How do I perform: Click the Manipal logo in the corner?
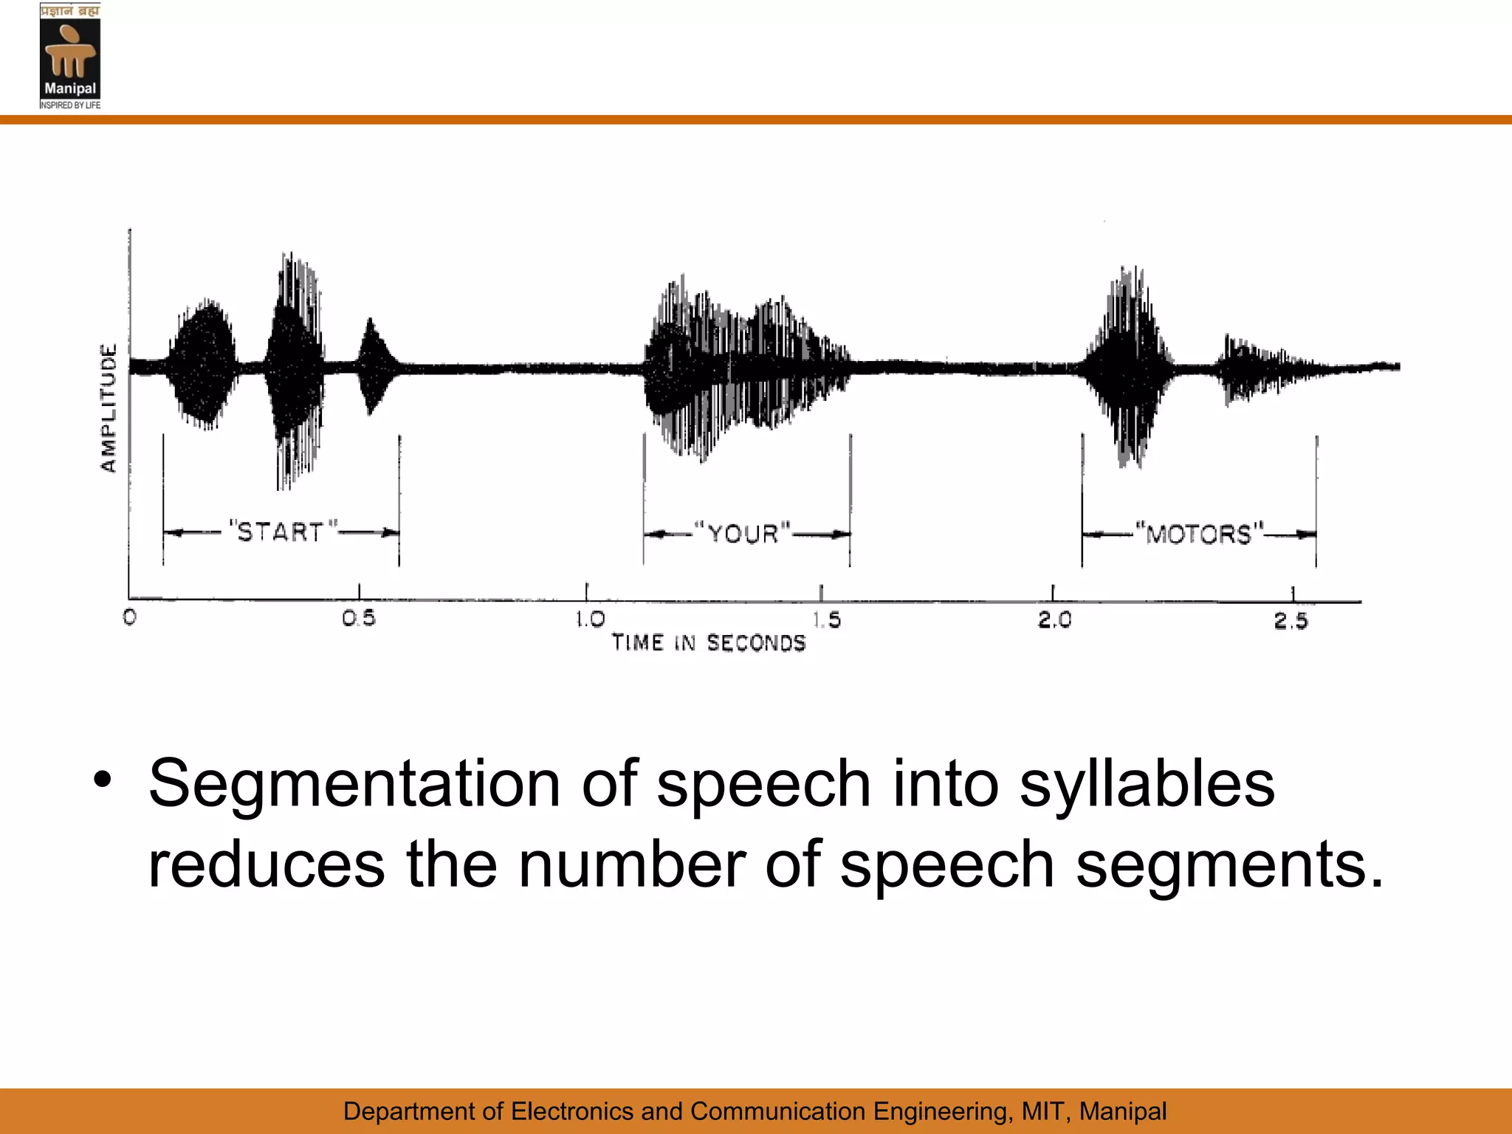coord(70,56)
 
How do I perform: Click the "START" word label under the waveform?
coord(281,532)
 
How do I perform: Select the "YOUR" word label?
coord(743,533)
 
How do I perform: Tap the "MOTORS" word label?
coord(1199,533)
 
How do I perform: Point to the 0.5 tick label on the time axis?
coord(359,618)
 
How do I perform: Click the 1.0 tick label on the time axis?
coord(590,619)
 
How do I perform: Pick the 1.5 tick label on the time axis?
coord(827,619)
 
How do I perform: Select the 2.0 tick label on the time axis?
coord(1054,619)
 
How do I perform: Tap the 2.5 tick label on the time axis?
coord(1291,620)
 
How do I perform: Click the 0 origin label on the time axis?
coord(130,617)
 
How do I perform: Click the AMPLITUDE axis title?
coord(109,408)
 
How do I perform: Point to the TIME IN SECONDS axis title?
coord(709,643)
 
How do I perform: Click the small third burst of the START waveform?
coord(371,366)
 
